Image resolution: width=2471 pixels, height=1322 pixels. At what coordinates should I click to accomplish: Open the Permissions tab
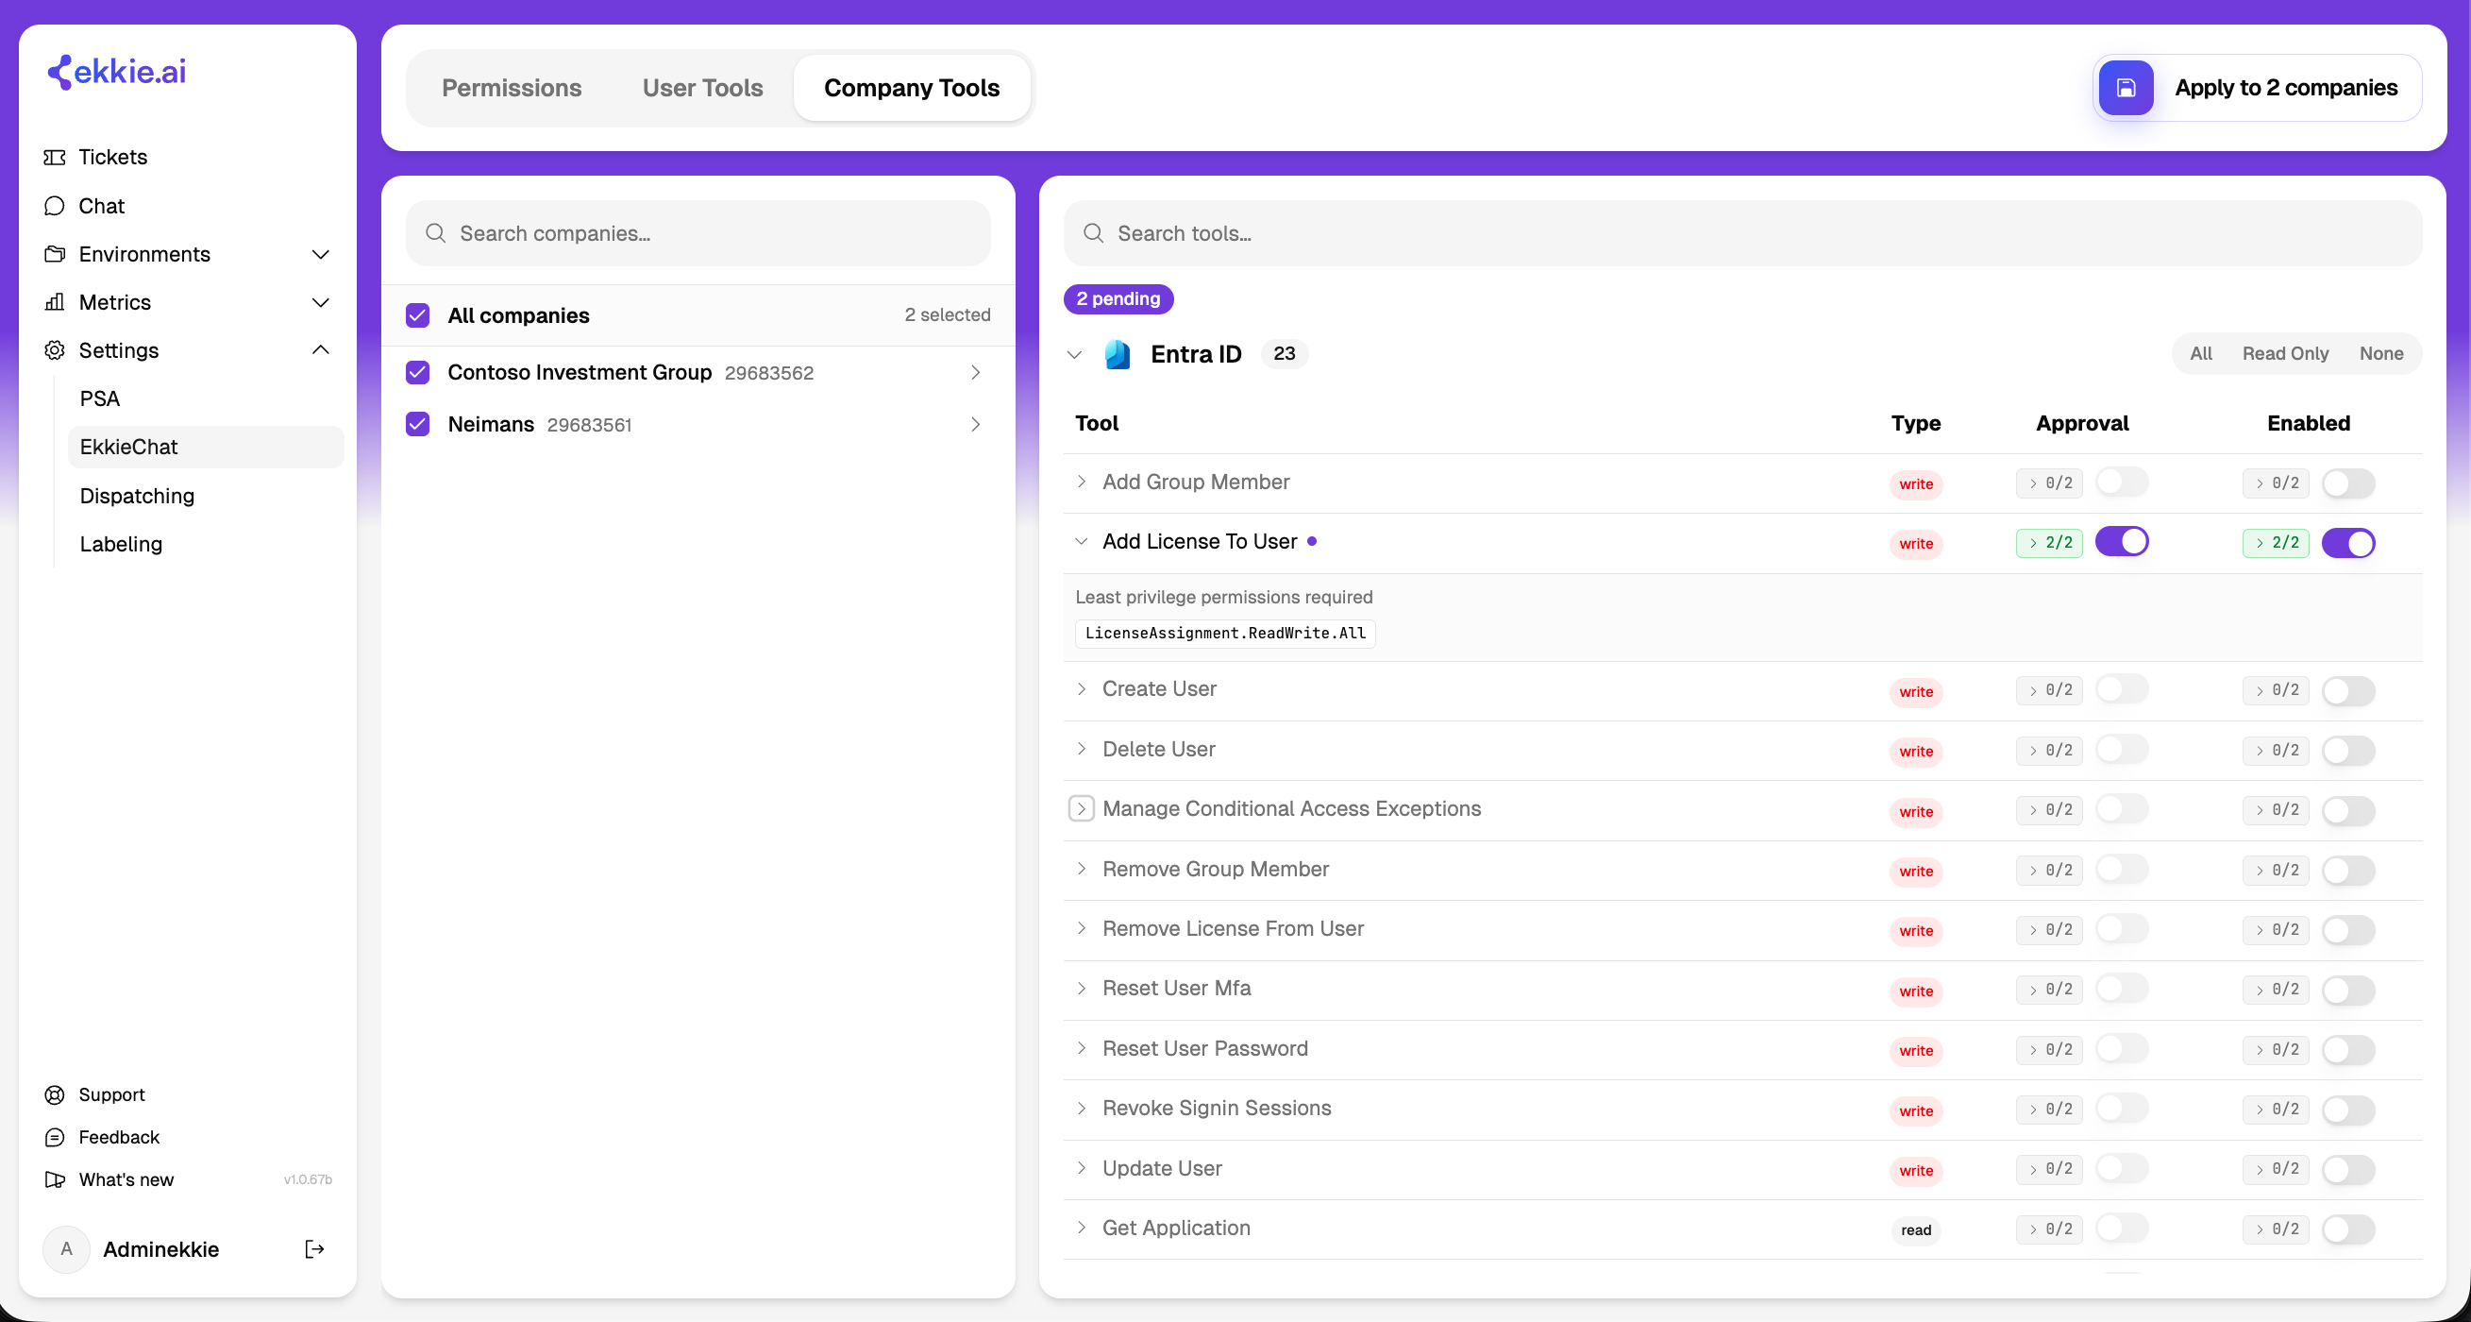[x=512, y=87]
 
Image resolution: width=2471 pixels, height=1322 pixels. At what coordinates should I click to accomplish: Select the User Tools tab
[x=702, y=87]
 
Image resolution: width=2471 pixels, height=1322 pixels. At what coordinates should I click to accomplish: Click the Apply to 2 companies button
[x=2257, y=87]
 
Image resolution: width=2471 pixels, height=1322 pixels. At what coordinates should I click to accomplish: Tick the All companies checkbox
[x=417, y=314]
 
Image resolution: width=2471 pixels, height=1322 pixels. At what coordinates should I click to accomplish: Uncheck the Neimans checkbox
[x=417, y=424]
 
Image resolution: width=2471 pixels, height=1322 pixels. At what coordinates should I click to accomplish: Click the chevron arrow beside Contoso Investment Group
[x=976, y=372]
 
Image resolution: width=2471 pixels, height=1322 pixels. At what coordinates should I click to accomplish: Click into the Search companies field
[x=698, y=233]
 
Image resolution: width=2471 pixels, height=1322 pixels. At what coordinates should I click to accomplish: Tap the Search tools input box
[x=1742, y=233]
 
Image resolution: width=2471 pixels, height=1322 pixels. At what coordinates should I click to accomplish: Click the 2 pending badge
[x=1118, y=298]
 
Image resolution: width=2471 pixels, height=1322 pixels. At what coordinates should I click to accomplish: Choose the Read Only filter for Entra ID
[x=2285, y=353]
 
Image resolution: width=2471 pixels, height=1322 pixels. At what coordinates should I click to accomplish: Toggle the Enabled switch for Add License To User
[x=2348, y=543]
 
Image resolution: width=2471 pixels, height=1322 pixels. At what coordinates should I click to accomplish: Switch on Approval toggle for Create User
[x=2122, y=688]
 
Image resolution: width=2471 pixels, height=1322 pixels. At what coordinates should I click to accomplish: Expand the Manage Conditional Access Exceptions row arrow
[x=1081, y=808]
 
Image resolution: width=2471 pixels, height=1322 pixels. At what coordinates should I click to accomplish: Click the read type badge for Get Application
[x=1916, y=1229]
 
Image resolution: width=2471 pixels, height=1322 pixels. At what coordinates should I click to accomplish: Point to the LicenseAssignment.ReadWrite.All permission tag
[x=1225, y=634]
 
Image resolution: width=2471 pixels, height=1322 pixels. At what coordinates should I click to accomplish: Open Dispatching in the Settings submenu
[x=137, y=496]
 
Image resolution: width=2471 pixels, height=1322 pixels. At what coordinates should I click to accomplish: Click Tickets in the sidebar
[x=113, y=157]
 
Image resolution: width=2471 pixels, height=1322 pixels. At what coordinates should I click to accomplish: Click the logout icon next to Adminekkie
[x=314, y=1248]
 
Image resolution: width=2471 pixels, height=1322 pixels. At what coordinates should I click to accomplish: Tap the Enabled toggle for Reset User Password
[x=2348, y=1049]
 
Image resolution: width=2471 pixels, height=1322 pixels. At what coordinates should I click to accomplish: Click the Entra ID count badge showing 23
[x=1285, y=353]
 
